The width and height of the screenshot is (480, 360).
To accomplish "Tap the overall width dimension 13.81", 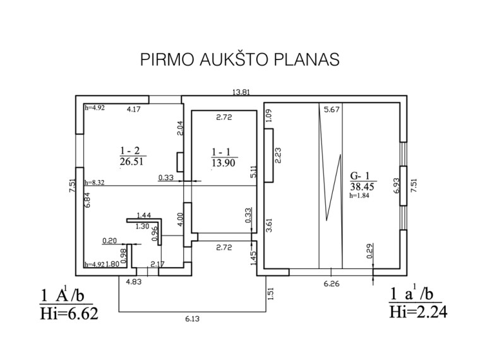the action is click(241, 92).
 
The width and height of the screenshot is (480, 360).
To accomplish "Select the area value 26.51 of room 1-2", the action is click(131, 161).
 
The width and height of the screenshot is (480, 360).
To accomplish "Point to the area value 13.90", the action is click(224, 163).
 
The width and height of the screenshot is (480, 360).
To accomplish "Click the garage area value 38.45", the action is click(362, 186).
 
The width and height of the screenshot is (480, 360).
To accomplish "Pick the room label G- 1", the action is click(360, 176).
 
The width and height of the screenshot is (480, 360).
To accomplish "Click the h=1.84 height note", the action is click(359, 196).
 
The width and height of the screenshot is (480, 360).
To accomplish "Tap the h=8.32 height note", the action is click(94, 183).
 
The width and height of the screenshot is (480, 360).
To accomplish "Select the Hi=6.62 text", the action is click(69, 313).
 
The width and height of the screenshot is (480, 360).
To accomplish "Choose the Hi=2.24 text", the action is click(418, 312).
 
